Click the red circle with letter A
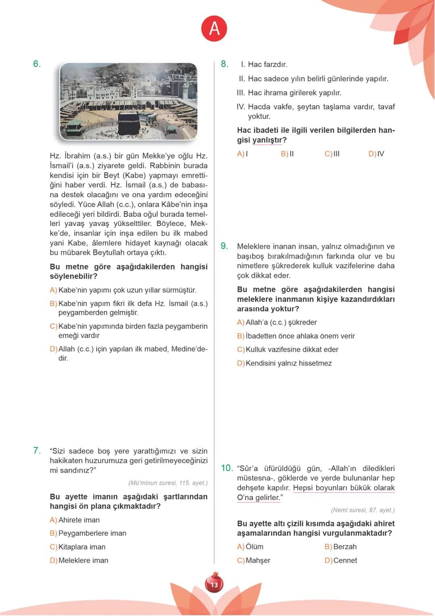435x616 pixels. click(214, 29)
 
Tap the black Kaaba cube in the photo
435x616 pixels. click(128, 125)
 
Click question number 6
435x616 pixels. click(37, 64)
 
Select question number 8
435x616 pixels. click(224, 64)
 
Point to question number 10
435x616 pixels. click(227, 468)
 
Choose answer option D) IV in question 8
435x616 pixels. click(376, 154)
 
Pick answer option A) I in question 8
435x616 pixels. click(242, 154)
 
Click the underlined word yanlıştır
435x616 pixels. click(267, 140)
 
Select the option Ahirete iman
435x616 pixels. click(79, 520)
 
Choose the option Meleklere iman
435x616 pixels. click(83, 560)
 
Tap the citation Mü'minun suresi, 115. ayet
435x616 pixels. click(168, 483)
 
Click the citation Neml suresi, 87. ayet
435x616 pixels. click(362, 510)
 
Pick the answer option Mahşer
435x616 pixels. click(258, 560)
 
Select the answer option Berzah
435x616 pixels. click(345, 547)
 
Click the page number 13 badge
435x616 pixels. click(214, 584)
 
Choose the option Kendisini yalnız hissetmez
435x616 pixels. click(288, 363)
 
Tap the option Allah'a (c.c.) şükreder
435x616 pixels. click(281, 322)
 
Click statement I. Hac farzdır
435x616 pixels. click(264, 65)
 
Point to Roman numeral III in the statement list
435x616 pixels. click(240, 93)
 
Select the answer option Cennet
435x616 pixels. click(345, 560)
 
